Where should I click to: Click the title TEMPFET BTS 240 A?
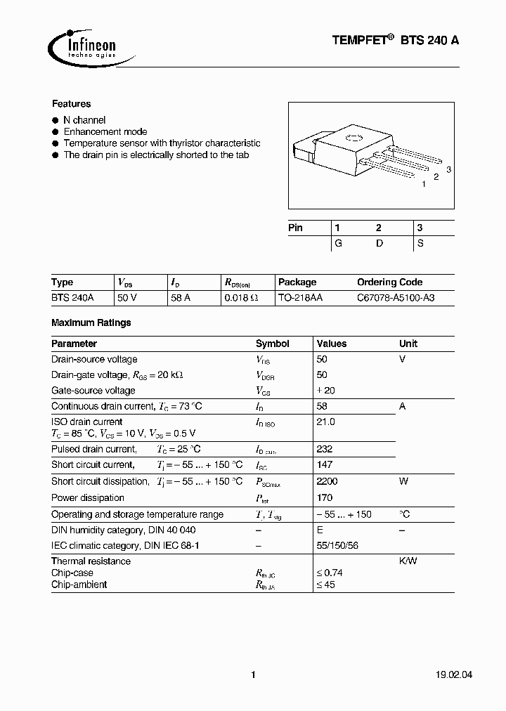tap(396, 41)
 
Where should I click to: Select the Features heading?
tap(71, 104)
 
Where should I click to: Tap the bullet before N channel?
tap(56, 120)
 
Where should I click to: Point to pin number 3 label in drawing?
tap(448, 170)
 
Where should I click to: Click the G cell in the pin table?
tap(338, 242)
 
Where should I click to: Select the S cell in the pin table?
tap(420, 242)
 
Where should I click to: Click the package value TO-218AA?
tap(300, 298)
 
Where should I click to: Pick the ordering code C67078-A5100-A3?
tap(396, 298)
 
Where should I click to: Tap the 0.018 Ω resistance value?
tap(241, 298)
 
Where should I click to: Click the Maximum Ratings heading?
tap(91, 322)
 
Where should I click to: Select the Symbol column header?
tap(272, 344)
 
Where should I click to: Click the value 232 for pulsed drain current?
tap(325, 449)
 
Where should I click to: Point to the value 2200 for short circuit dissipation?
tap(327, 481)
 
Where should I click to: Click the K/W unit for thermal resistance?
tap(408, 561)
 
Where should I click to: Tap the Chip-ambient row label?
tap(79, 585)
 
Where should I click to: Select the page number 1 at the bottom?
tap(253, 675)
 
